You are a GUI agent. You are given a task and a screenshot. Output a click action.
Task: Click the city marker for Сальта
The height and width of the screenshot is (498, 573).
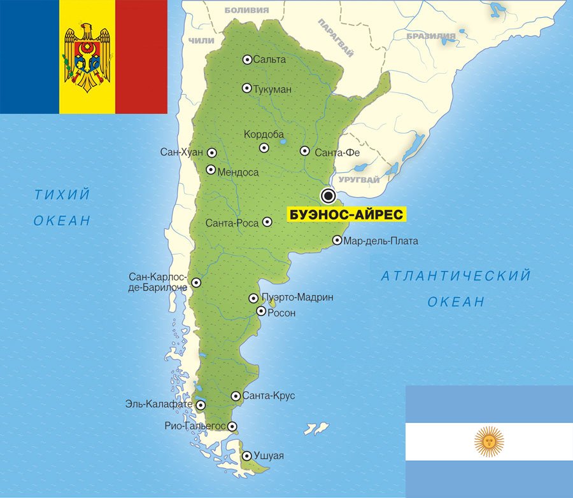(x=247, y=60)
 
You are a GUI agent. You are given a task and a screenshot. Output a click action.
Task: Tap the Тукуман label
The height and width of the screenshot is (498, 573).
(x=272, y=89)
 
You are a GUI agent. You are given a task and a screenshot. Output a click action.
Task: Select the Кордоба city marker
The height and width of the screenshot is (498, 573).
(x=264, y=148)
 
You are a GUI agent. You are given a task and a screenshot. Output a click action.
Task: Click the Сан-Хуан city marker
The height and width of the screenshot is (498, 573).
(x=211, y=153)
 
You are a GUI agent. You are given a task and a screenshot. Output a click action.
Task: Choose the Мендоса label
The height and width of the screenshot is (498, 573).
(x=237, y=172)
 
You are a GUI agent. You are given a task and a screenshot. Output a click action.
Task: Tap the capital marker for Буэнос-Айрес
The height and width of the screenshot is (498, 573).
(x=329, y=195)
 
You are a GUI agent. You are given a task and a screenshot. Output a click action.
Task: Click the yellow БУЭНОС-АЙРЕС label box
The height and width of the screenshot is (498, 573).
(x=346, y=214)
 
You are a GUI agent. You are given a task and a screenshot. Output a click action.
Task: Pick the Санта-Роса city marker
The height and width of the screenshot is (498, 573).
(x=267, y=222)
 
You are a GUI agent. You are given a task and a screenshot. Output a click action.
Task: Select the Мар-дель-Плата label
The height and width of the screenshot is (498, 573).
(x=380, y=241)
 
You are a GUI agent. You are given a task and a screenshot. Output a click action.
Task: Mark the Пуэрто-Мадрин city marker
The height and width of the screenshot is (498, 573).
(x=253, y=298)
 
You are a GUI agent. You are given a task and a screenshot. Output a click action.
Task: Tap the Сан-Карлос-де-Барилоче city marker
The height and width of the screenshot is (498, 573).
(x=196, y=282)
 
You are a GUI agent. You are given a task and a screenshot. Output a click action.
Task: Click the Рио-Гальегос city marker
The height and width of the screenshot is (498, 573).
(x=232, y=427)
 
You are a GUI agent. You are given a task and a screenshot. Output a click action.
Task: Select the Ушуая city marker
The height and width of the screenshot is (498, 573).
(x=246, y=455)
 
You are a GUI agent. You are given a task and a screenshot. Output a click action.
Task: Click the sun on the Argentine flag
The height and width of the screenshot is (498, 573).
(x=489, y=441)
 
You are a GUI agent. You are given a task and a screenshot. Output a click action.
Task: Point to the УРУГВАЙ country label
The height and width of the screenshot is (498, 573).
(x=359, y=180)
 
